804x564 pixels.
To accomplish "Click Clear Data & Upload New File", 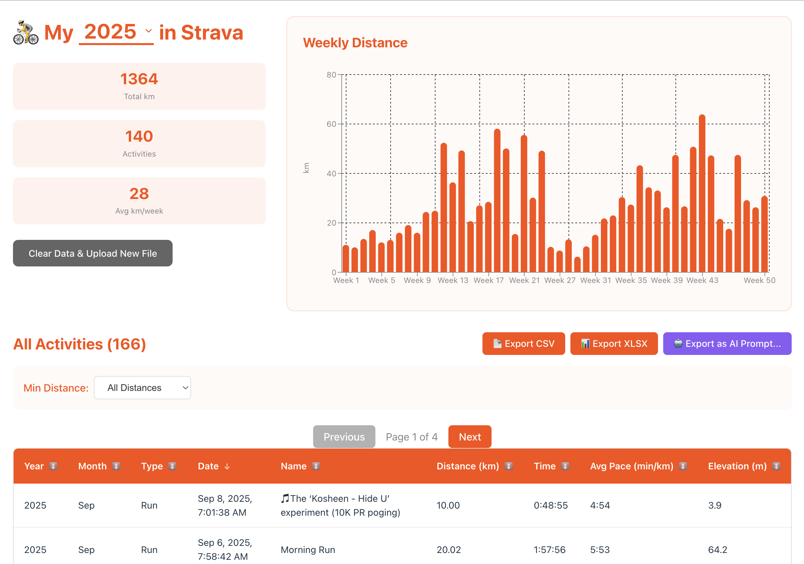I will (92, 253).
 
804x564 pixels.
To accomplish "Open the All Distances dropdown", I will (142, 388).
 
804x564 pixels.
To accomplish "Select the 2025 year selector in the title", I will (116, 32).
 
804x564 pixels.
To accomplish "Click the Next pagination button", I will (469, 437).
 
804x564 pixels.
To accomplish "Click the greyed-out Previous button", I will (344, 437).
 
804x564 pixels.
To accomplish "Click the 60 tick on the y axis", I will (331, 124).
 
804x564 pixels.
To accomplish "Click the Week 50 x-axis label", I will (759, 280).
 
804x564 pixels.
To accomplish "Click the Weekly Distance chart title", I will (355, 43).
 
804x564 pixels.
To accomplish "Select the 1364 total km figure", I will (139, 79).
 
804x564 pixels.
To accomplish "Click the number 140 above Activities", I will (139, 136).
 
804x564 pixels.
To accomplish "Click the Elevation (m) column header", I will (737, 466).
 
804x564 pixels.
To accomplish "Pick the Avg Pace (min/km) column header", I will (631, 466).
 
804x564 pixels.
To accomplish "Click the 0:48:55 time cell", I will (551, 505).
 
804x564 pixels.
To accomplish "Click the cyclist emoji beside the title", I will (26, 32).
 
